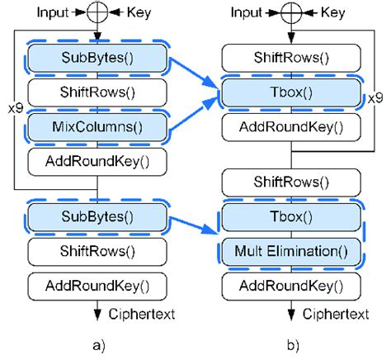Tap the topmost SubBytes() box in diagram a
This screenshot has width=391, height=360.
97,58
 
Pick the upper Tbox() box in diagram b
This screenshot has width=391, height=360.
293,92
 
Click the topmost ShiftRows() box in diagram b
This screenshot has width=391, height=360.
293,58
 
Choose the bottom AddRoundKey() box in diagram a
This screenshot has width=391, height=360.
97,285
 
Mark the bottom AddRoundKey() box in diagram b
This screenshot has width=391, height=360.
293,285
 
